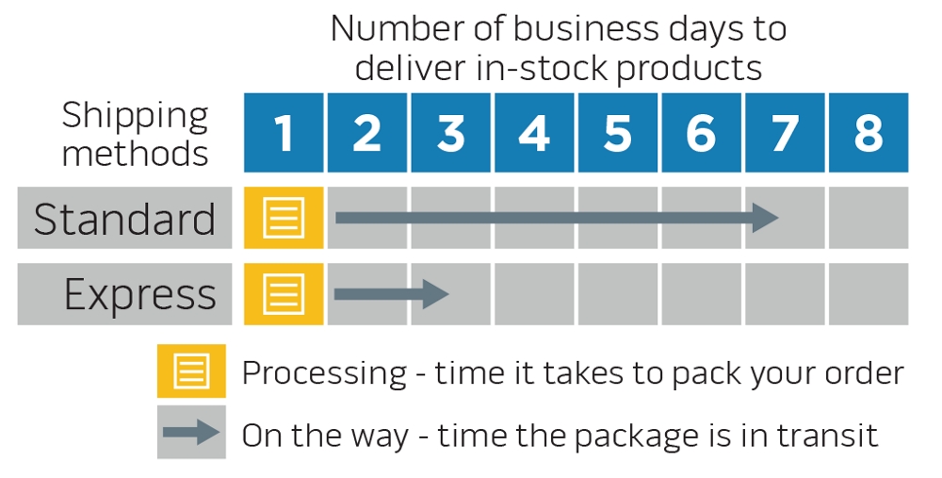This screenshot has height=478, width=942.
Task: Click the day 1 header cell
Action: (x=284, y=133)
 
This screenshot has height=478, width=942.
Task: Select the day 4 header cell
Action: (x=534, y=133)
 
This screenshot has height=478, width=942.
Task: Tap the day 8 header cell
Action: (x=869, y=133)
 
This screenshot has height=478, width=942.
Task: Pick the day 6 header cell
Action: (x=701, y=133)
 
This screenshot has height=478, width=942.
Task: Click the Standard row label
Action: (x=124, y=219)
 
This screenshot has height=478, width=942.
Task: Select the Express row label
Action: (x=139, y=294)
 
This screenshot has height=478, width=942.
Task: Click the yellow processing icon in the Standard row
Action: (x=284, y=218)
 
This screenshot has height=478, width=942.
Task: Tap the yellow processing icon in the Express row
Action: (x=284, y=294)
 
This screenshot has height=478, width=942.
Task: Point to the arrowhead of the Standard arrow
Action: (x=765, y=219)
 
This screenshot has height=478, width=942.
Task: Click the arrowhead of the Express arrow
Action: (x=435, y=294)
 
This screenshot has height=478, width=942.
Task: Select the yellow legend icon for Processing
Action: (x=191, y=371)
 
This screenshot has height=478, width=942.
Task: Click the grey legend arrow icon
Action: (x=191, y=433)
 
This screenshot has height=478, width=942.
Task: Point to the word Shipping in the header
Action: (x=136, y=117)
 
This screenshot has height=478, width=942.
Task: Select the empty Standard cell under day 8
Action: (x=869, y=218)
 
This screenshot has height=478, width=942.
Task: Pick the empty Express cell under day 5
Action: (x=617, y=294)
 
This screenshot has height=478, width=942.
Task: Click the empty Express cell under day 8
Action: (x=869, y=294)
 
